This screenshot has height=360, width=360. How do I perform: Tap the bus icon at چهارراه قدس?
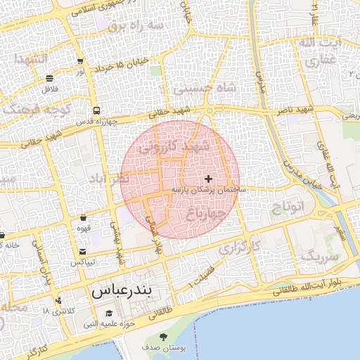click(96, 110)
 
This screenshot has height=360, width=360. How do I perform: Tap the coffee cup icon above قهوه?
click(84, 217)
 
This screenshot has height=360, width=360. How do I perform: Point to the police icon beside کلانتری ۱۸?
click(58, 300)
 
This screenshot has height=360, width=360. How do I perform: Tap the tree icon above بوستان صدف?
click(164, 337)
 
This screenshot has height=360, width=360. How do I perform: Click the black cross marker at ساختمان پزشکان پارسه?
click(208, 179)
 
